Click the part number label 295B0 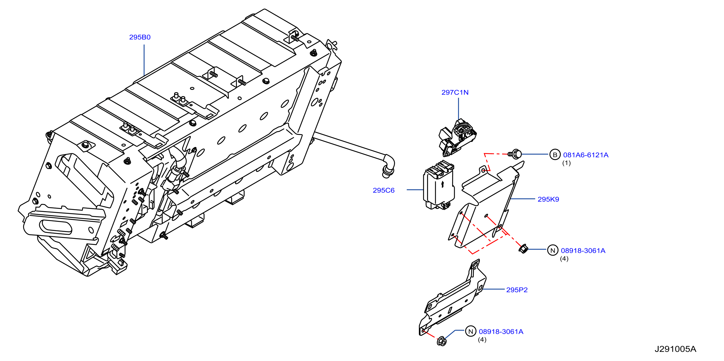(140, 37)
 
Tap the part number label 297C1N (455, 92)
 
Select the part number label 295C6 (384, 190)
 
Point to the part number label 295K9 (548, 199)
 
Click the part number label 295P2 (517, 290)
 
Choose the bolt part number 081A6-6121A (586, 155)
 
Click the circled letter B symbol (555, 155)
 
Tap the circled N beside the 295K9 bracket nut (553, 250)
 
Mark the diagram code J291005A (675, 349)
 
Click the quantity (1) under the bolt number (566, 163)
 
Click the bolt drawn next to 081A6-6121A (515, 154)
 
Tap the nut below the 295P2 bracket (442, 341)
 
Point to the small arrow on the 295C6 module (443, 184)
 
